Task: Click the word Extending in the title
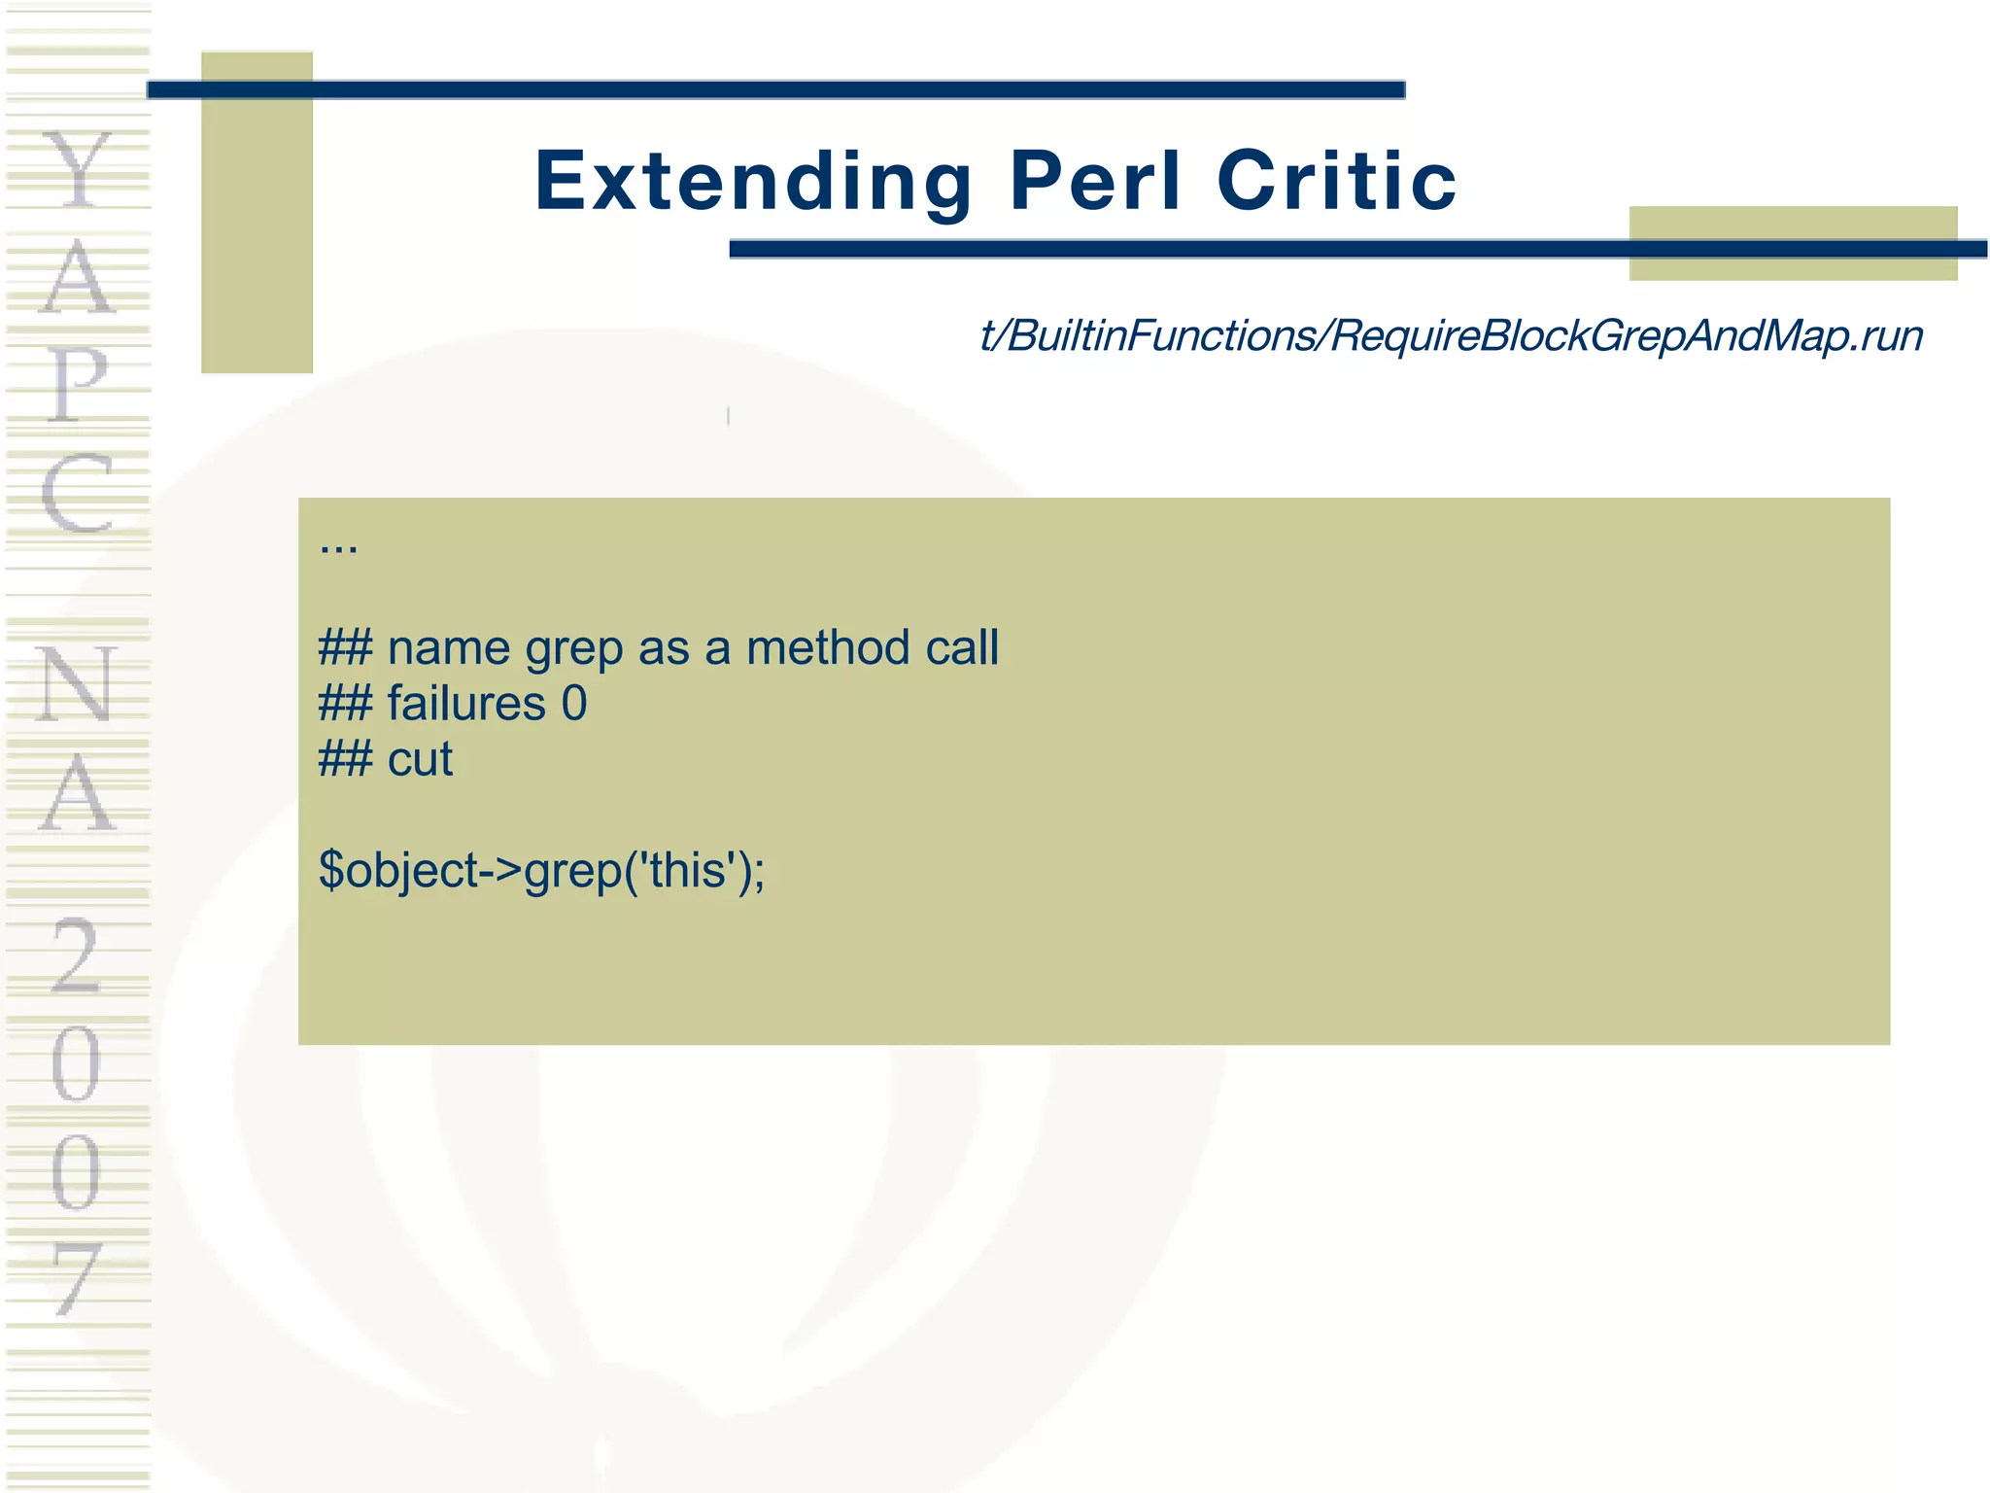pos(753,182)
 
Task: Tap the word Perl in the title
pos(1095,182)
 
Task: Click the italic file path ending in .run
pos(1451,336)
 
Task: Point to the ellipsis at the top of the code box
pos(338,547)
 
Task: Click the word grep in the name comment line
pos(573,649)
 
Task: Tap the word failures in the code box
pos(466,704)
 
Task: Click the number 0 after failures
pos(574,704)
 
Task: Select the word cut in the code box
pos(420,759)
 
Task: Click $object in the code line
pos(398,871)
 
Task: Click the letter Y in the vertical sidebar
pos(79,171)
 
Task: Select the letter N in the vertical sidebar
pos(77,684)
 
